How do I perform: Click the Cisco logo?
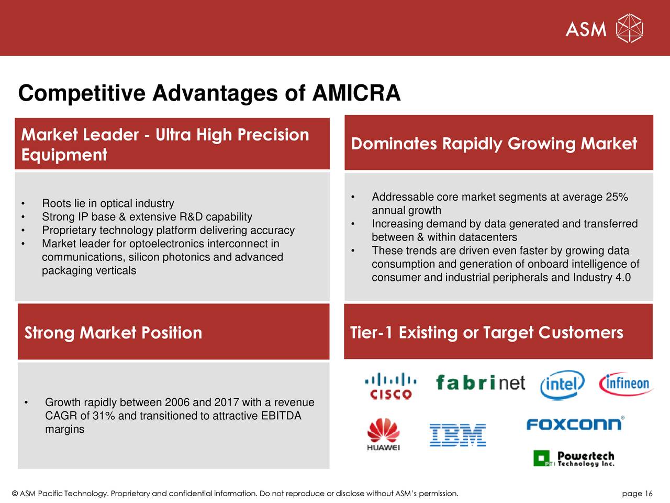coord(390,386)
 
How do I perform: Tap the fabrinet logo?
coord(480,383)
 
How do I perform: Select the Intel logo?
coord(562,386)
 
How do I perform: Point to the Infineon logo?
coord(626,384)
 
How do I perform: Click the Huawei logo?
coord(383,434)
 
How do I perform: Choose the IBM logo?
coord(457,435)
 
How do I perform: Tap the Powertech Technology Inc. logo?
coord(574,458)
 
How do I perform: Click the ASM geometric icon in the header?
coord(629,28)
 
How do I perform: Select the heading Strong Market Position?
coord(113,333)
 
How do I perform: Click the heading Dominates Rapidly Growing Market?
coord(494,144)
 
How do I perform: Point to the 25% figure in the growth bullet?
coord(617,197)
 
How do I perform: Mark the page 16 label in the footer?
coord(637,494)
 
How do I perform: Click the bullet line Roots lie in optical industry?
coord(108,203)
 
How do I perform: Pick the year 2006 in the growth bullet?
coord(177,402)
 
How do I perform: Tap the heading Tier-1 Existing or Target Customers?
coord(486,333)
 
